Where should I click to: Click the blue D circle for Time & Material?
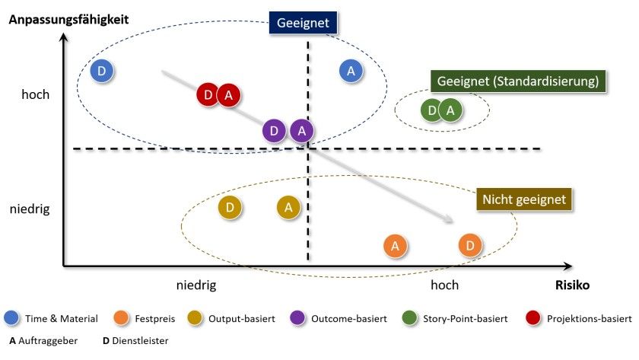tap(102, 72)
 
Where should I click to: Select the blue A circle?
tap(350, 71)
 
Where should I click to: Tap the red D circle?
tap(208, 95)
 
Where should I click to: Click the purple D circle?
tap(275, 131)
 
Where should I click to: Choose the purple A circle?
tap(302, 131)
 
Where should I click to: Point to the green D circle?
tap(432, 110)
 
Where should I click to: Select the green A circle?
tap(451, 110)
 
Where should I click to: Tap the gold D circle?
tap(230, 206)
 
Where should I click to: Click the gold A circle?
tap(288, 206)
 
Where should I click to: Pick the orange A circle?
tap(394, 246)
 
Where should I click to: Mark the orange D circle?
tap(470, 245)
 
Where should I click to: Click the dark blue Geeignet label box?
tap(303, 23)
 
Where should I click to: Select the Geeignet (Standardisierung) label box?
tap(517, 81)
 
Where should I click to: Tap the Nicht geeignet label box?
tap(524, 199)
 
